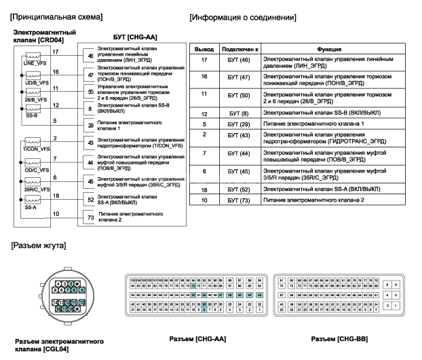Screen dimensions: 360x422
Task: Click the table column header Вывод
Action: [x=204, y=50]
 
